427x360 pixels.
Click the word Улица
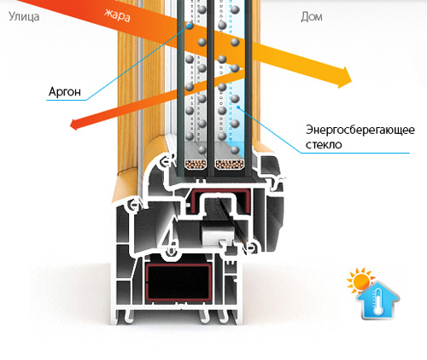(24, 17)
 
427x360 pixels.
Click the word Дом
(312, 17)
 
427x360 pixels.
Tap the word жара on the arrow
(117, 15)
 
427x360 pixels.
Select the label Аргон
(65, 91)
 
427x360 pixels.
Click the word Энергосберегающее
(360, 130)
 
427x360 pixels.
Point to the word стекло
(324, 144)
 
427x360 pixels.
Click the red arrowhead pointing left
(74, 125)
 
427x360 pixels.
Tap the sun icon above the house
(360, 281)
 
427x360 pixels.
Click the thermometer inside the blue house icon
(378, 302)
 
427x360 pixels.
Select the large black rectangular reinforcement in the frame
(178, 282)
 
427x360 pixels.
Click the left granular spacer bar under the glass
(196, 165)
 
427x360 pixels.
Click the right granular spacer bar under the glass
(230, 165)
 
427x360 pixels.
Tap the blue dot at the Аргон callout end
(189, 26)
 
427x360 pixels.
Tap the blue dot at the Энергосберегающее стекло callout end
(238, 107)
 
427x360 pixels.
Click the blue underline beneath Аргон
(66, 100)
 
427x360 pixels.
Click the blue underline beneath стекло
(355, 153)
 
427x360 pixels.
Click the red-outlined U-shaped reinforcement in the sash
(219, 203)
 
